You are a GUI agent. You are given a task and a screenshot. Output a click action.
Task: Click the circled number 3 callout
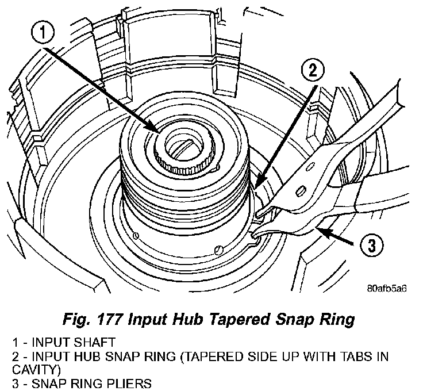(371, 246)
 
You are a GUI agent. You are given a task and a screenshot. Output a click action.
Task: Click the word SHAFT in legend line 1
(84, 341)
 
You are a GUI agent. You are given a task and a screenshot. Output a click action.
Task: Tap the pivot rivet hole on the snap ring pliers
(301, 189)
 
